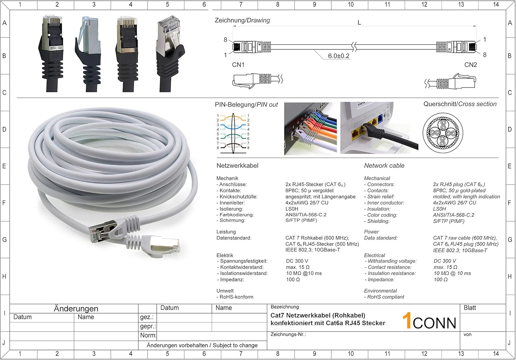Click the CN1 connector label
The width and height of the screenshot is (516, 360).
(x=238, y=65)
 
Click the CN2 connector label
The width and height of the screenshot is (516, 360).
(x=470, y=65)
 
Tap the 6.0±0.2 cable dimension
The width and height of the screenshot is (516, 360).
(x=338, y=56)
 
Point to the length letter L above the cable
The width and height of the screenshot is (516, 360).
(x=359, y=23)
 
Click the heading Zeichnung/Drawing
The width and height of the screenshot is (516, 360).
(x=242, y=21)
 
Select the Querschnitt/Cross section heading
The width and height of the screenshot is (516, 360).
(x=460, y=104)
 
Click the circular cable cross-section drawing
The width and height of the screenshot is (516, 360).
(x=443, y=133)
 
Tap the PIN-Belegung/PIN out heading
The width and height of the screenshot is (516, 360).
(x=246, y=105)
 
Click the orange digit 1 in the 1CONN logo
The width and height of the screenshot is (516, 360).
(x=407, y=320)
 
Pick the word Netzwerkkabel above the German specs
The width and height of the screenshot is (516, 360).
(x=237, y=166)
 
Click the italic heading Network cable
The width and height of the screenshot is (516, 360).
(x=384, y=166)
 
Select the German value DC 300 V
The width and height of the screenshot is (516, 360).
(x=297, y=261)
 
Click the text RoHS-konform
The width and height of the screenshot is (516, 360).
(x=236, y=297)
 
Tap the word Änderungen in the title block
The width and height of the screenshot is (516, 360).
(x=76, y=309)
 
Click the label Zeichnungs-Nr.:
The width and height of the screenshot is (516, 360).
(x=288, y=335)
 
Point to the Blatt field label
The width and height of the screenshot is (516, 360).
(x=470, y=308)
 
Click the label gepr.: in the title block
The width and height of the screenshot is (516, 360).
(x=148, y=326)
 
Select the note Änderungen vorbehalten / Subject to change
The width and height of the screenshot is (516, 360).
(x=202, y=345)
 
